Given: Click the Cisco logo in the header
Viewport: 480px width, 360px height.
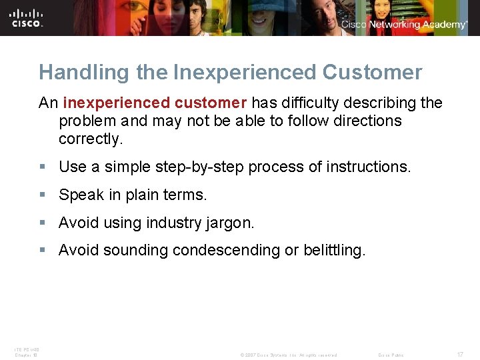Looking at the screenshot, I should point(27,17).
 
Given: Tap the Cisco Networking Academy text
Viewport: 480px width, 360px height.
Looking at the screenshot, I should point(405,25).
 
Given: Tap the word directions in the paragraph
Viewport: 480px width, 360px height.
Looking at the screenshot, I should point(359,121).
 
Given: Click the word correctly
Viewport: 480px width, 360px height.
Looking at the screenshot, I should point(90,139).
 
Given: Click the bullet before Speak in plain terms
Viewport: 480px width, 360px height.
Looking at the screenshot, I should point(43,195).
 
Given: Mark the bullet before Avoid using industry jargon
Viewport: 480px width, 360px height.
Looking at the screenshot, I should point(43,223).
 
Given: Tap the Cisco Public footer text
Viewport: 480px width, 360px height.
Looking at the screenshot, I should point(391,355).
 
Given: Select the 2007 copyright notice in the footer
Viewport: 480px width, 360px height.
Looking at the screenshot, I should point(288,355).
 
